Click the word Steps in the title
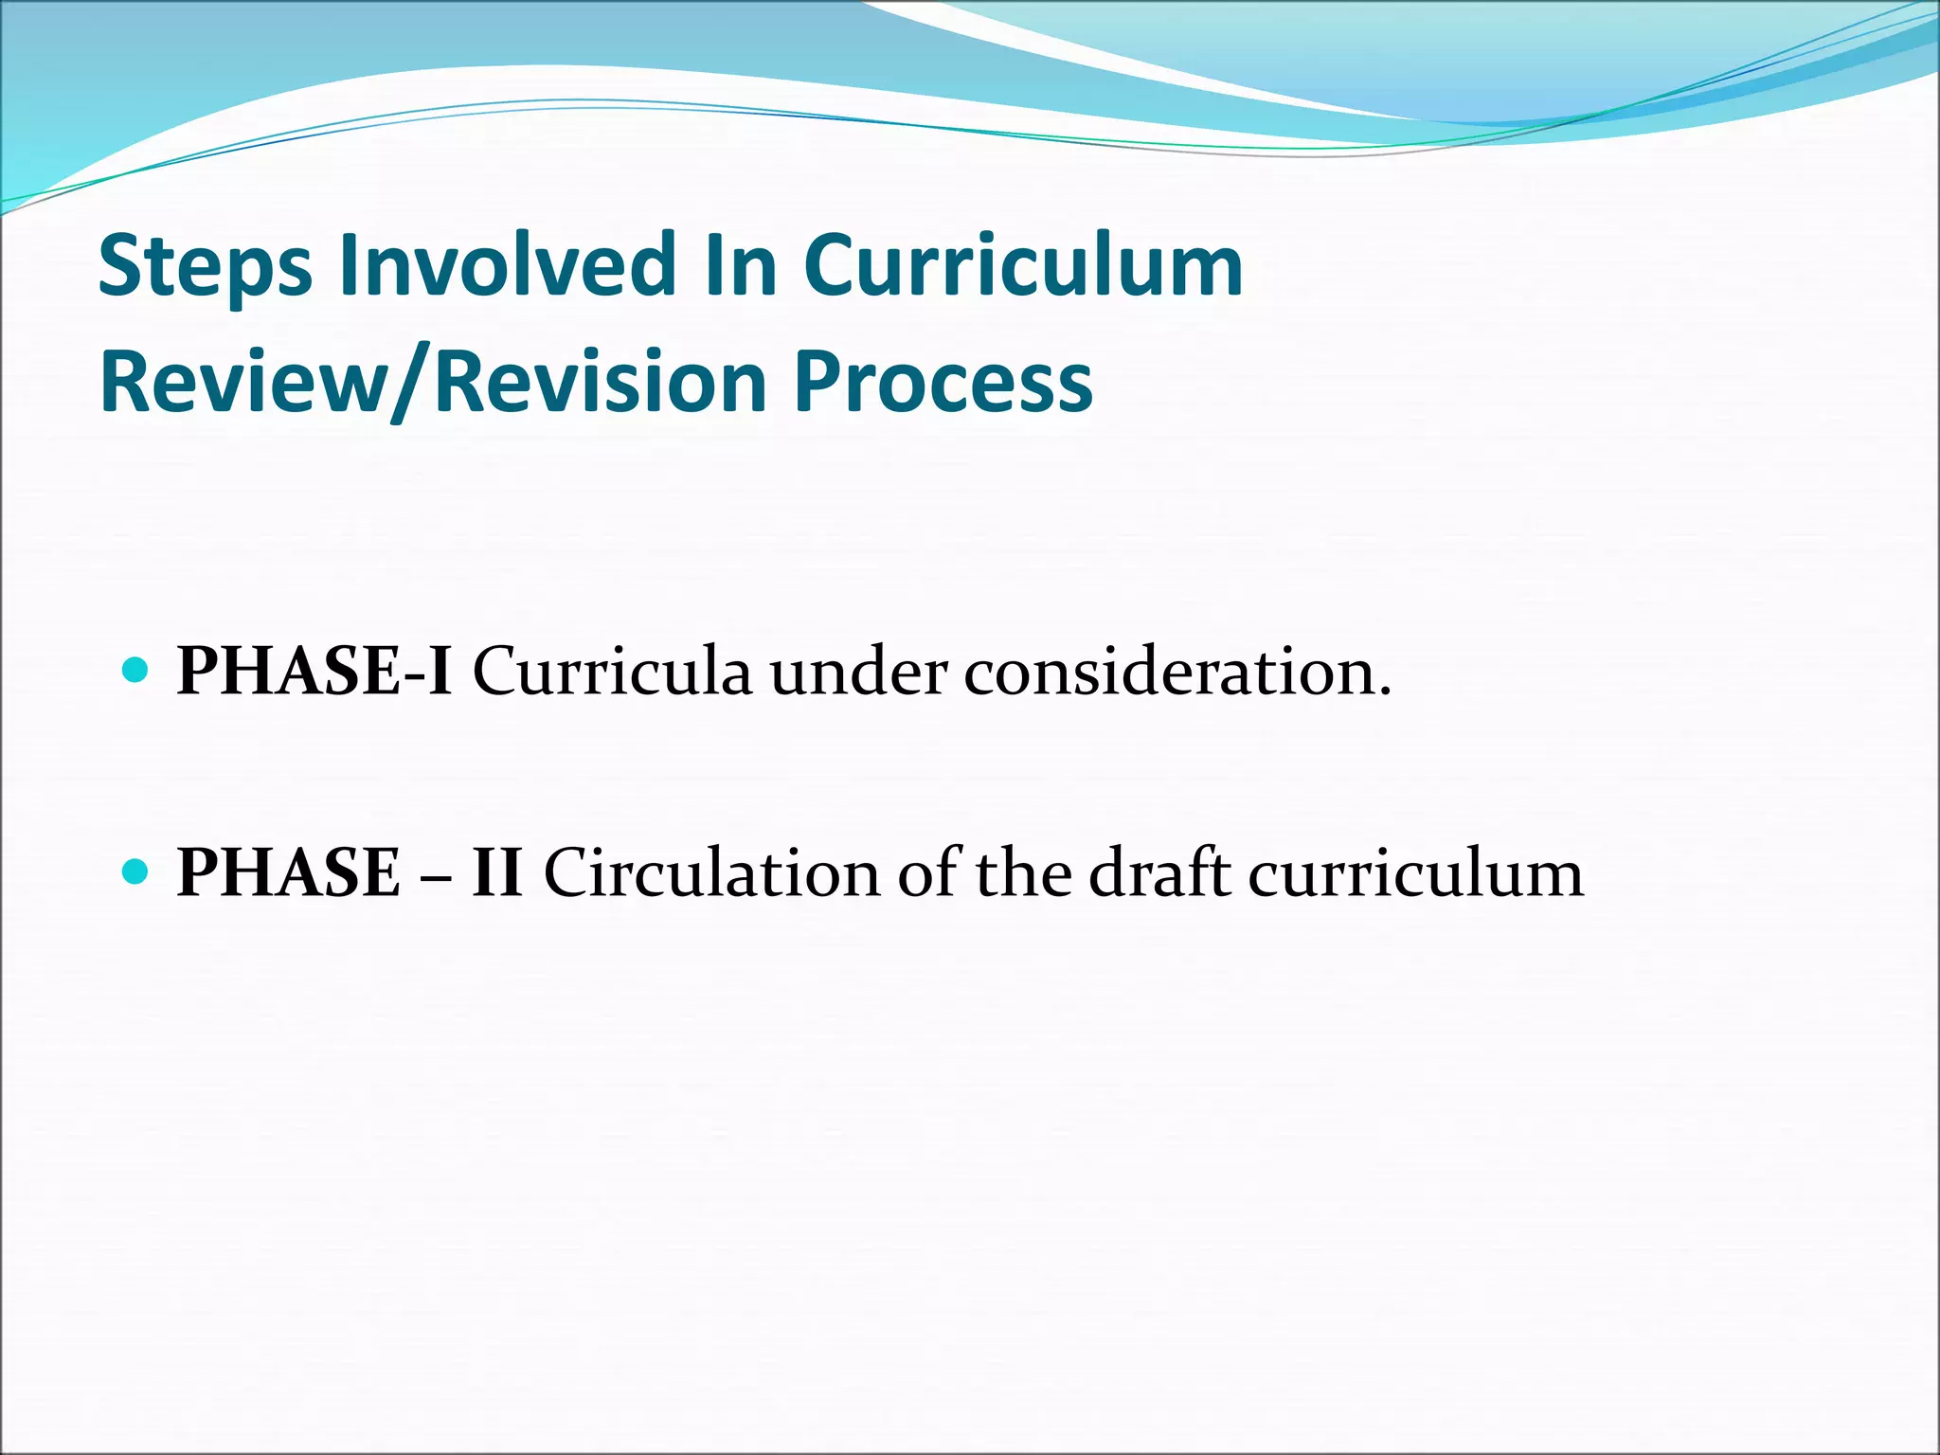pos(205,267)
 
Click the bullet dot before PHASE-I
pos(136,671)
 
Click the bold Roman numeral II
pos(497,872)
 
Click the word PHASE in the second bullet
pos(289,872)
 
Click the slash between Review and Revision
pos(409,384)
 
